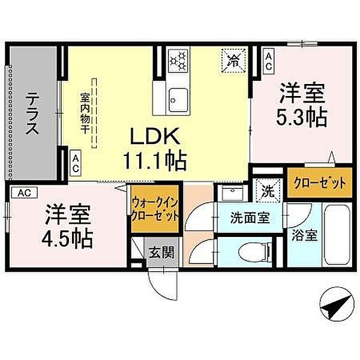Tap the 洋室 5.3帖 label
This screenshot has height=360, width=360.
301,105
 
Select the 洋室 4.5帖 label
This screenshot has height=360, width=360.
67,227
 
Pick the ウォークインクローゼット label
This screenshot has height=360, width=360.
155,208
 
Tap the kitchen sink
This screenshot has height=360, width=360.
178,95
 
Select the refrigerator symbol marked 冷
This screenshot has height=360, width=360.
235,59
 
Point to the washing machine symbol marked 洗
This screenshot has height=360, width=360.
268,192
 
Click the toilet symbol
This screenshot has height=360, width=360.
252,251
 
